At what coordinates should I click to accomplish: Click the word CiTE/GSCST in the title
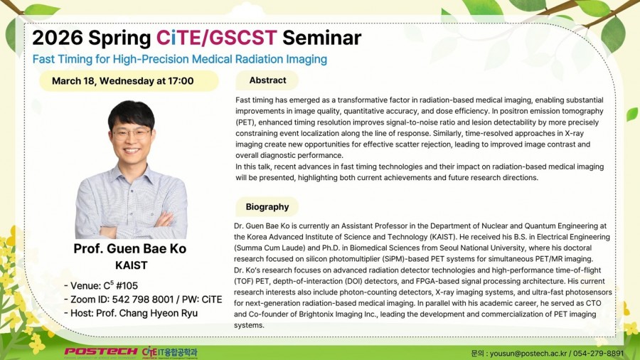(x=217, y=38)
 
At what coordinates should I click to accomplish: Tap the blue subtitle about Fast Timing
(x=180, y=59)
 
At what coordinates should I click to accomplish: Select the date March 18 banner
(x=129, y=81)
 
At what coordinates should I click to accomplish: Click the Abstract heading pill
(x=267, y=80)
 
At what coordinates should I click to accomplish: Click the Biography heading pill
(x=267, y=207)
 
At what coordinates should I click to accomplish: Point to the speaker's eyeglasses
(x=131, y=134)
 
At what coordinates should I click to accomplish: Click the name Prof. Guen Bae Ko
(x=130, y=248)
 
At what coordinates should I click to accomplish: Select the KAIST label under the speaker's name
(x=131, y=265)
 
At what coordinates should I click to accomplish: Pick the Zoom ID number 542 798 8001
(x=143, y=300)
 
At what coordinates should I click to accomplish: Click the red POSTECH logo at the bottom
(x=100, y=352)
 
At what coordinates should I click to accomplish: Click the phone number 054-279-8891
(x=598, y=353)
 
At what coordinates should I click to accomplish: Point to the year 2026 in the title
(x=58, y=38)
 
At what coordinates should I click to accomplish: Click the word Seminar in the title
(x=321, y=38)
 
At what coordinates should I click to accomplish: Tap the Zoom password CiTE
(x=211, y=300)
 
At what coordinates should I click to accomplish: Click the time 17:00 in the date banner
(x=181, y=81)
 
